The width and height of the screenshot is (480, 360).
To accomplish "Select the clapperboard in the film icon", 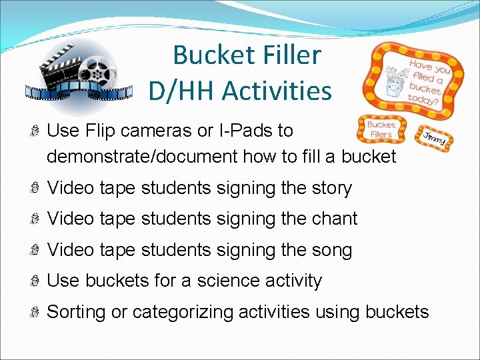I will click(60, 65).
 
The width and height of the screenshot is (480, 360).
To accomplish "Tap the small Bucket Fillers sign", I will click(381, 129).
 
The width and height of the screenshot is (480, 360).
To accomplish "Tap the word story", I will click(330, 188).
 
